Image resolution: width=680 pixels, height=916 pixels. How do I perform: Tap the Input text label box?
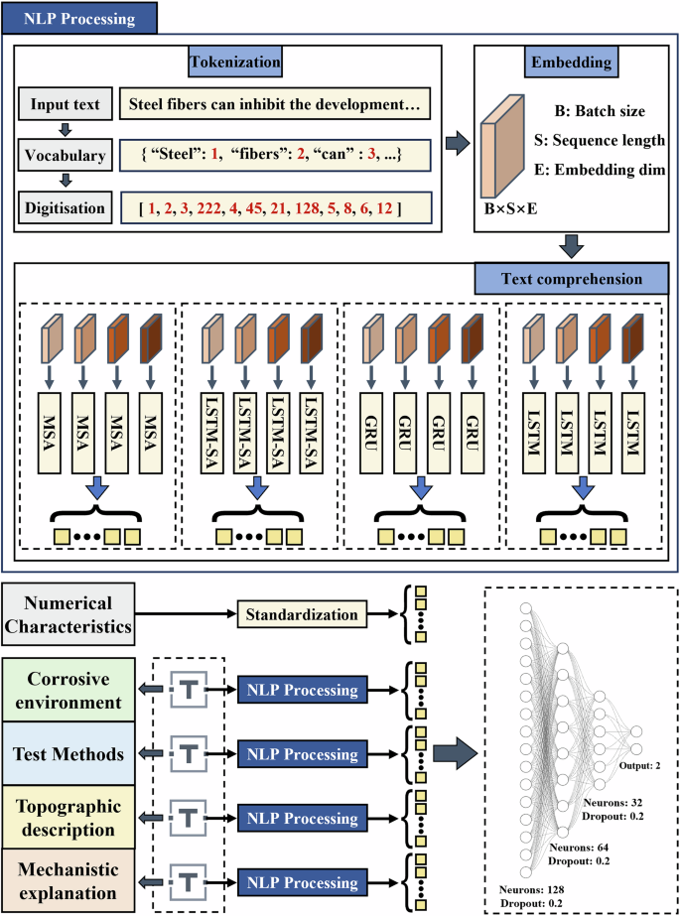point(64,104)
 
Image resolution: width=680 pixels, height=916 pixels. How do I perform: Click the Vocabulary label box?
point(64,157)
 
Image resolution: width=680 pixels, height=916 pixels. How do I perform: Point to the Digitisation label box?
point(64,208)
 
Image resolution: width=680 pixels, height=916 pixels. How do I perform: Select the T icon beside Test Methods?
point(188,754)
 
